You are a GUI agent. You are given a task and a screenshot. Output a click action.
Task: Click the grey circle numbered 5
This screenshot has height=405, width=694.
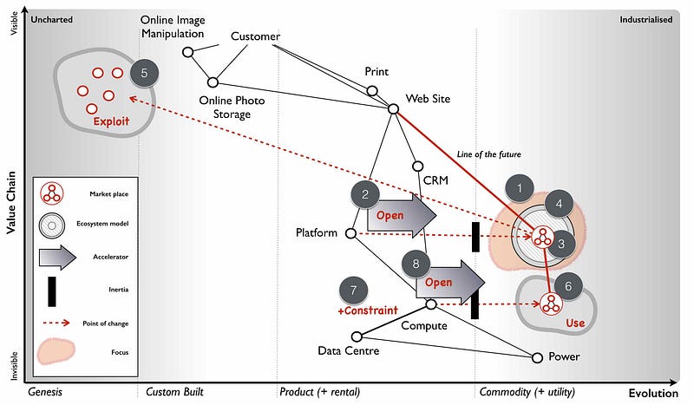[x=145, y=73]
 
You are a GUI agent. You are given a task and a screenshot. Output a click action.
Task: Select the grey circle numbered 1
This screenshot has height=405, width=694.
[x=520, y=187]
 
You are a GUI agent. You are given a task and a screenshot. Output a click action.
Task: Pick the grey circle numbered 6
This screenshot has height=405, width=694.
[x=568, y=284]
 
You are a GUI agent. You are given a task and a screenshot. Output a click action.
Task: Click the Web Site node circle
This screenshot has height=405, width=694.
[x=393, y=108]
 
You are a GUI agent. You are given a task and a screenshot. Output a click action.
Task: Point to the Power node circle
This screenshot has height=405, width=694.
[x=537, y=357]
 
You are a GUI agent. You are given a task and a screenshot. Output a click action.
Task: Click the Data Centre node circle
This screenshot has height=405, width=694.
[x=356, y=336]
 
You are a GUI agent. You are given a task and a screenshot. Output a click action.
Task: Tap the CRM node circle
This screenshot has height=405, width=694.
[x=417, y=166]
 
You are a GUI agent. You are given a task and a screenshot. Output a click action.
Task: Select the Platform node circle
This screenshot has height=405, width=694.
[x=350, y=233]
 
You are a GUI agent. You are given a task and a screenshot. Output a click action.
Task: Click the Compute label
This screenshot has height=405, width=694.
[x=423, y=326]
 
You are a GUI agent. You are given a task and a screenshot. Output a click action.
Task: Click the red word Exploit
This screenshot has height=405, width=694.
[x=111, y=122]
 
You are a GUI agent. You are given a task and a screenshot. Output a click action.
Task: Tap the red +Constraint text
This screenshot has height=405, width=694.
[x=367, y=310]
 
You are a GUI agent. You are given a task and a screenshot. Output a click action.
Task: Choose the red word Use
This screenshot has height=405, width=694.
[x=576, y=323]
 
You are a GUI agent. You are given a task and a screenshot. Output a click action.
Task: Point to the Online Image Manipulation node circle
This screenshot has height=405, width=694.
[x=187, y=52]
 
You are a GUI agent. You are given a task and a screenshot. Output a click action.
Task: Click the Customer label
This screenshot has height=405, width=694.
[x=255, y=36]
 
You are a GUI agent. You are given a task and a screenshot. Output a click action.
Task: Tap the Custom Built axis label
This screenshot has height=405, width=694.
[x=174, y=392]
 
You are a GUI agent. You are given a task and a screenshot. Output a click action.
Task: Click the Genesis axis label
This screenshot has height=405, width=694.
[x=46, y=392]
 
